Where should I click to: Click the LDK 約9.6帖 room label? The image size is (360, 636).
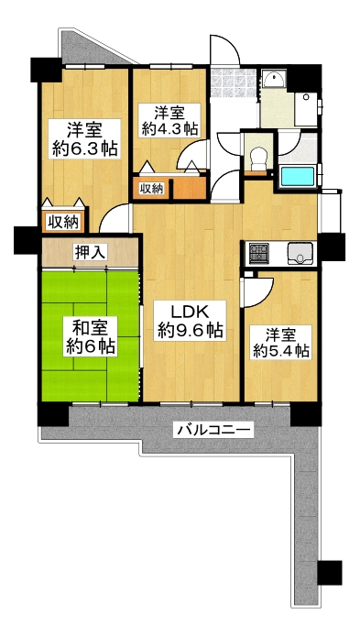click(191, 322)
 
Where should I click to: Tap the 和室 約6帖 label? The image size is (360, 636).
click(90, 336)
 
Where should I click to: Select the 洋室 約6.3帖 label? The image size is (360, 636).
click(84, 138)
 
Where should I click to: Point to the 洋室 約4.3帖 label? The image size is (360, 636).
click(170, 120)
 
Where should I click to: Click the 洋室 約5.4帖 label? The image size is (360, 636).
click(282, 343)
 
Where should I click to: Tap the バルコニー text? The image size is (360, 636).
click(213, 429)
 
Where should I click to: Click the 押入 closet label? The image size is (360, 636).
click(90, 252)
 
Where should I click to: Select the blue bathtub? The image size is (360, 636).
click(298, 176)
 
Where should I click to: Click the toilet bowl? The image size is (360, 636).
click(256, 159)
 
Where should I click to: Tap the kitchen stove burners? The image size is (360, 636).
click(258, 253)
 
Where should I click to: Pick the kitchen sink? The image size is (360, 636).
click(300, 254)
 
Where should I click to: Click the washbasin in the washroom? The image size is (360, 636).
click(275, 79)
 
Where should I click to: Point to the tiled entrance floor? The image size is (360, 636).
click(234, 83)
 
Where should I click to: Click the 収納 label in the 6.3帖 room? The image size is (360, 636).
click(63, 222)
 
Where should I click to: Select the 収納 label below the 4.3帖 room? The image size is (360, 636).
click(152, 188)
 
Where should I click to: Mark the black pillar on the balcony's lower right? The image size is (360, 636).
click(329, 573)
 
